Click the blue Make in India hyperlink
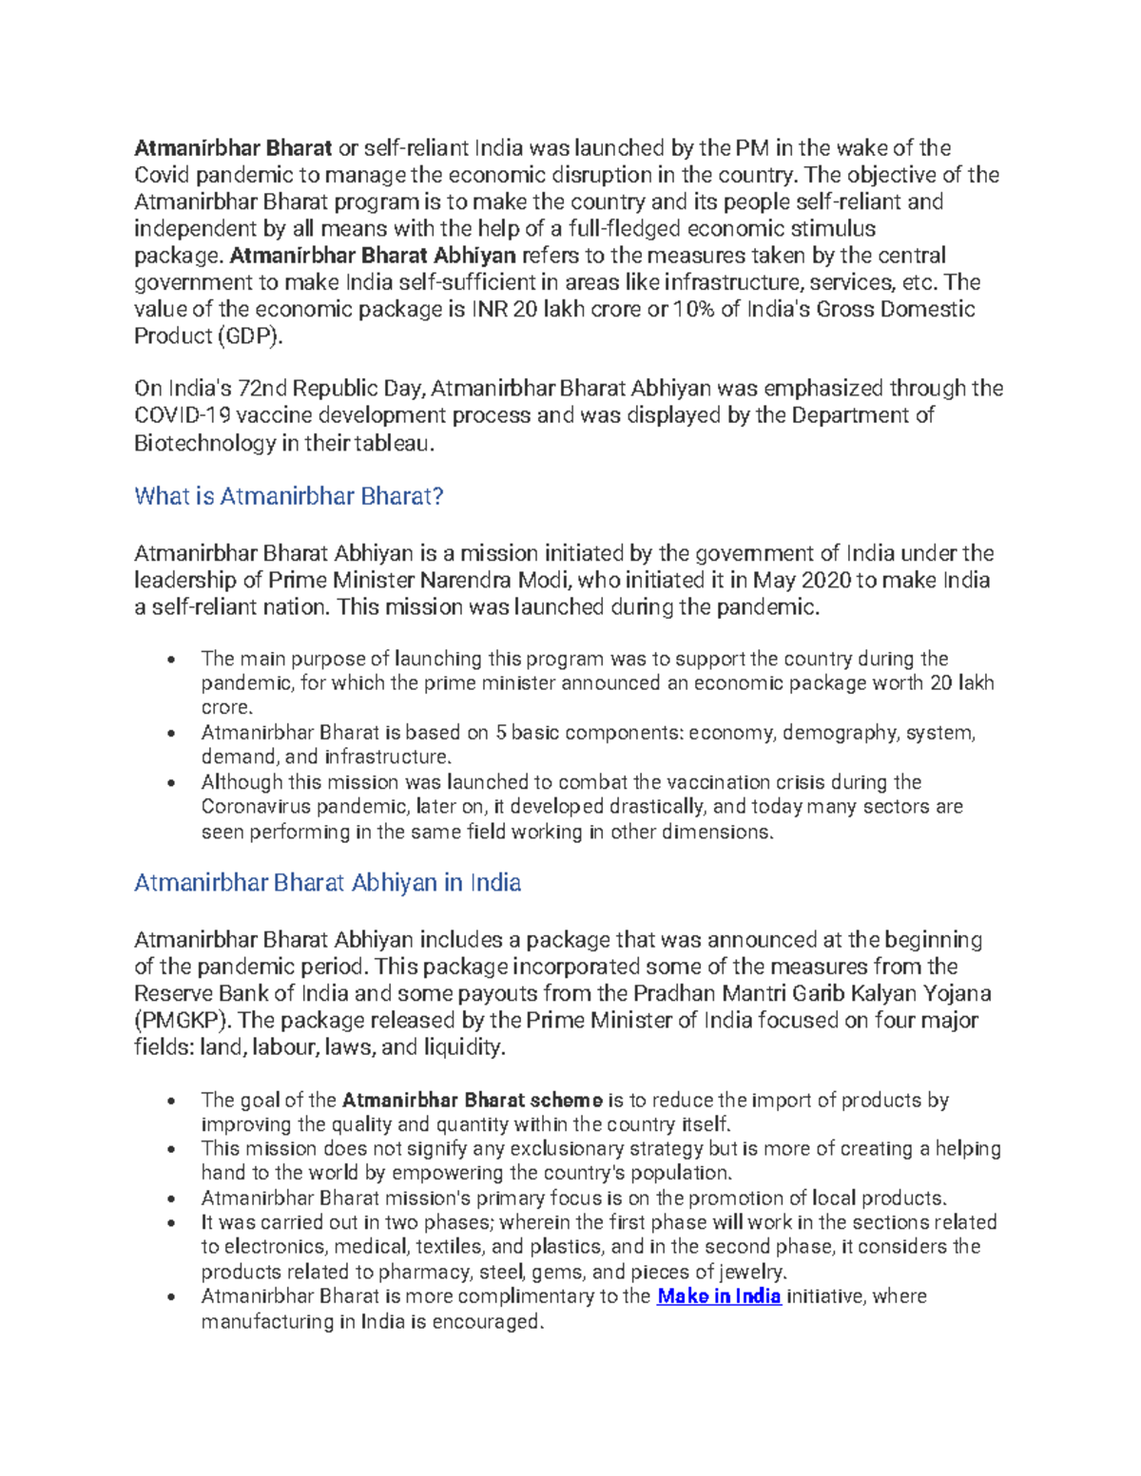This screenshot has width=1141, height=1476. point(719,1296)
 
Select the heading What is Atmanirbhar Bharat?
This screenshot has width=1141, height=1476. point(289,496)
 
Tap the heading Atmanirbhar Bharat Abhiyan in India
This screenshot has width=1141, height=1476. point(327,883)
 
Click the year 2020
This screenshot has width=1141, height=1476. point(825,581)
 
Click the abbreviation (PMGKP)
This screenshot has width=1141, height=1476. point(180,1021)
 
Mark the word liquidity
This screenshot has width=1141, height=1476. point(465,1047)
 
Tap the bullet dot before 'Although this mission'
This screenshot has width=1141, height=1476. point(171,783)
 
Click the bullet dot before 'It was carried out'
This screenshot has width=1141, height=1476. point(171,1223)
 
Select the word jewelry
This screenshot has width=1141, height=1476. point(750,1272)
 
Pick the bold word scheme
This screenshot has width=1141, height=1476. point(567,1101)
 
